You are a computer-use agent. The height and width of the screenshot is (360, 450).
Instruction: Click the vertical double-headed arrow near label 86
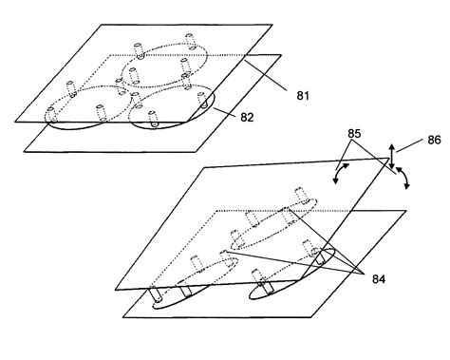390,157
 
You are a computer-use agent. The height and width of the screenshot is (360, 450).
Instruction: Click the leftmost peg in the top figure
71,91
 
